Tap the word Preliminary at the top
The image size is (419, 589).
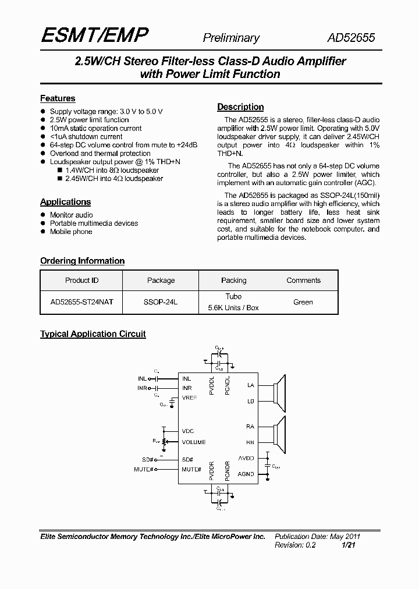point(230,38)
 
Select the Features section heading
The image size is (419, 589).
point(58,98)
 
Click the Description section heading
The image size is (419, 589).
point(240,107)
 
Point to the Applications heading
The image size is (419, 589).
point(65,202)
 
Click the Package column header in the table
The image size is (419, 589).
point(161,281)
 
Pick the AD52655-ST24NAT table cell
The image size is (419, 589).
point(82,302)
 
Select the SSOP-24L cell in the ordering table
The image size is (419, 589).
point(161,302)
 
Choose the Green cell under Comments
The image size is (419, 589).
point(303,302)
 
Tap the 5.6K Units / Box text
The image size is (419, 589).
point(233,308)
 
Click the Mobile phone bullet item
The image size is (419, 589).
point(71,232)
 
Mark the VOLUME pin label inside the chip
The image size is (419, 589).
point(194,442)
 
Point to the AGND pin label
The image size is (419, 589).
point(246,474)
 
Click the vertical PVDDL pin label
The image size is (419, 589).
point(212,385)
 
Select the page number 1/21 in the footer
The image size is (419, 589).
point(349,545)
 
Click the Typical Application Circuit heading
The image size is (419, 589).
point(93,334)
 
